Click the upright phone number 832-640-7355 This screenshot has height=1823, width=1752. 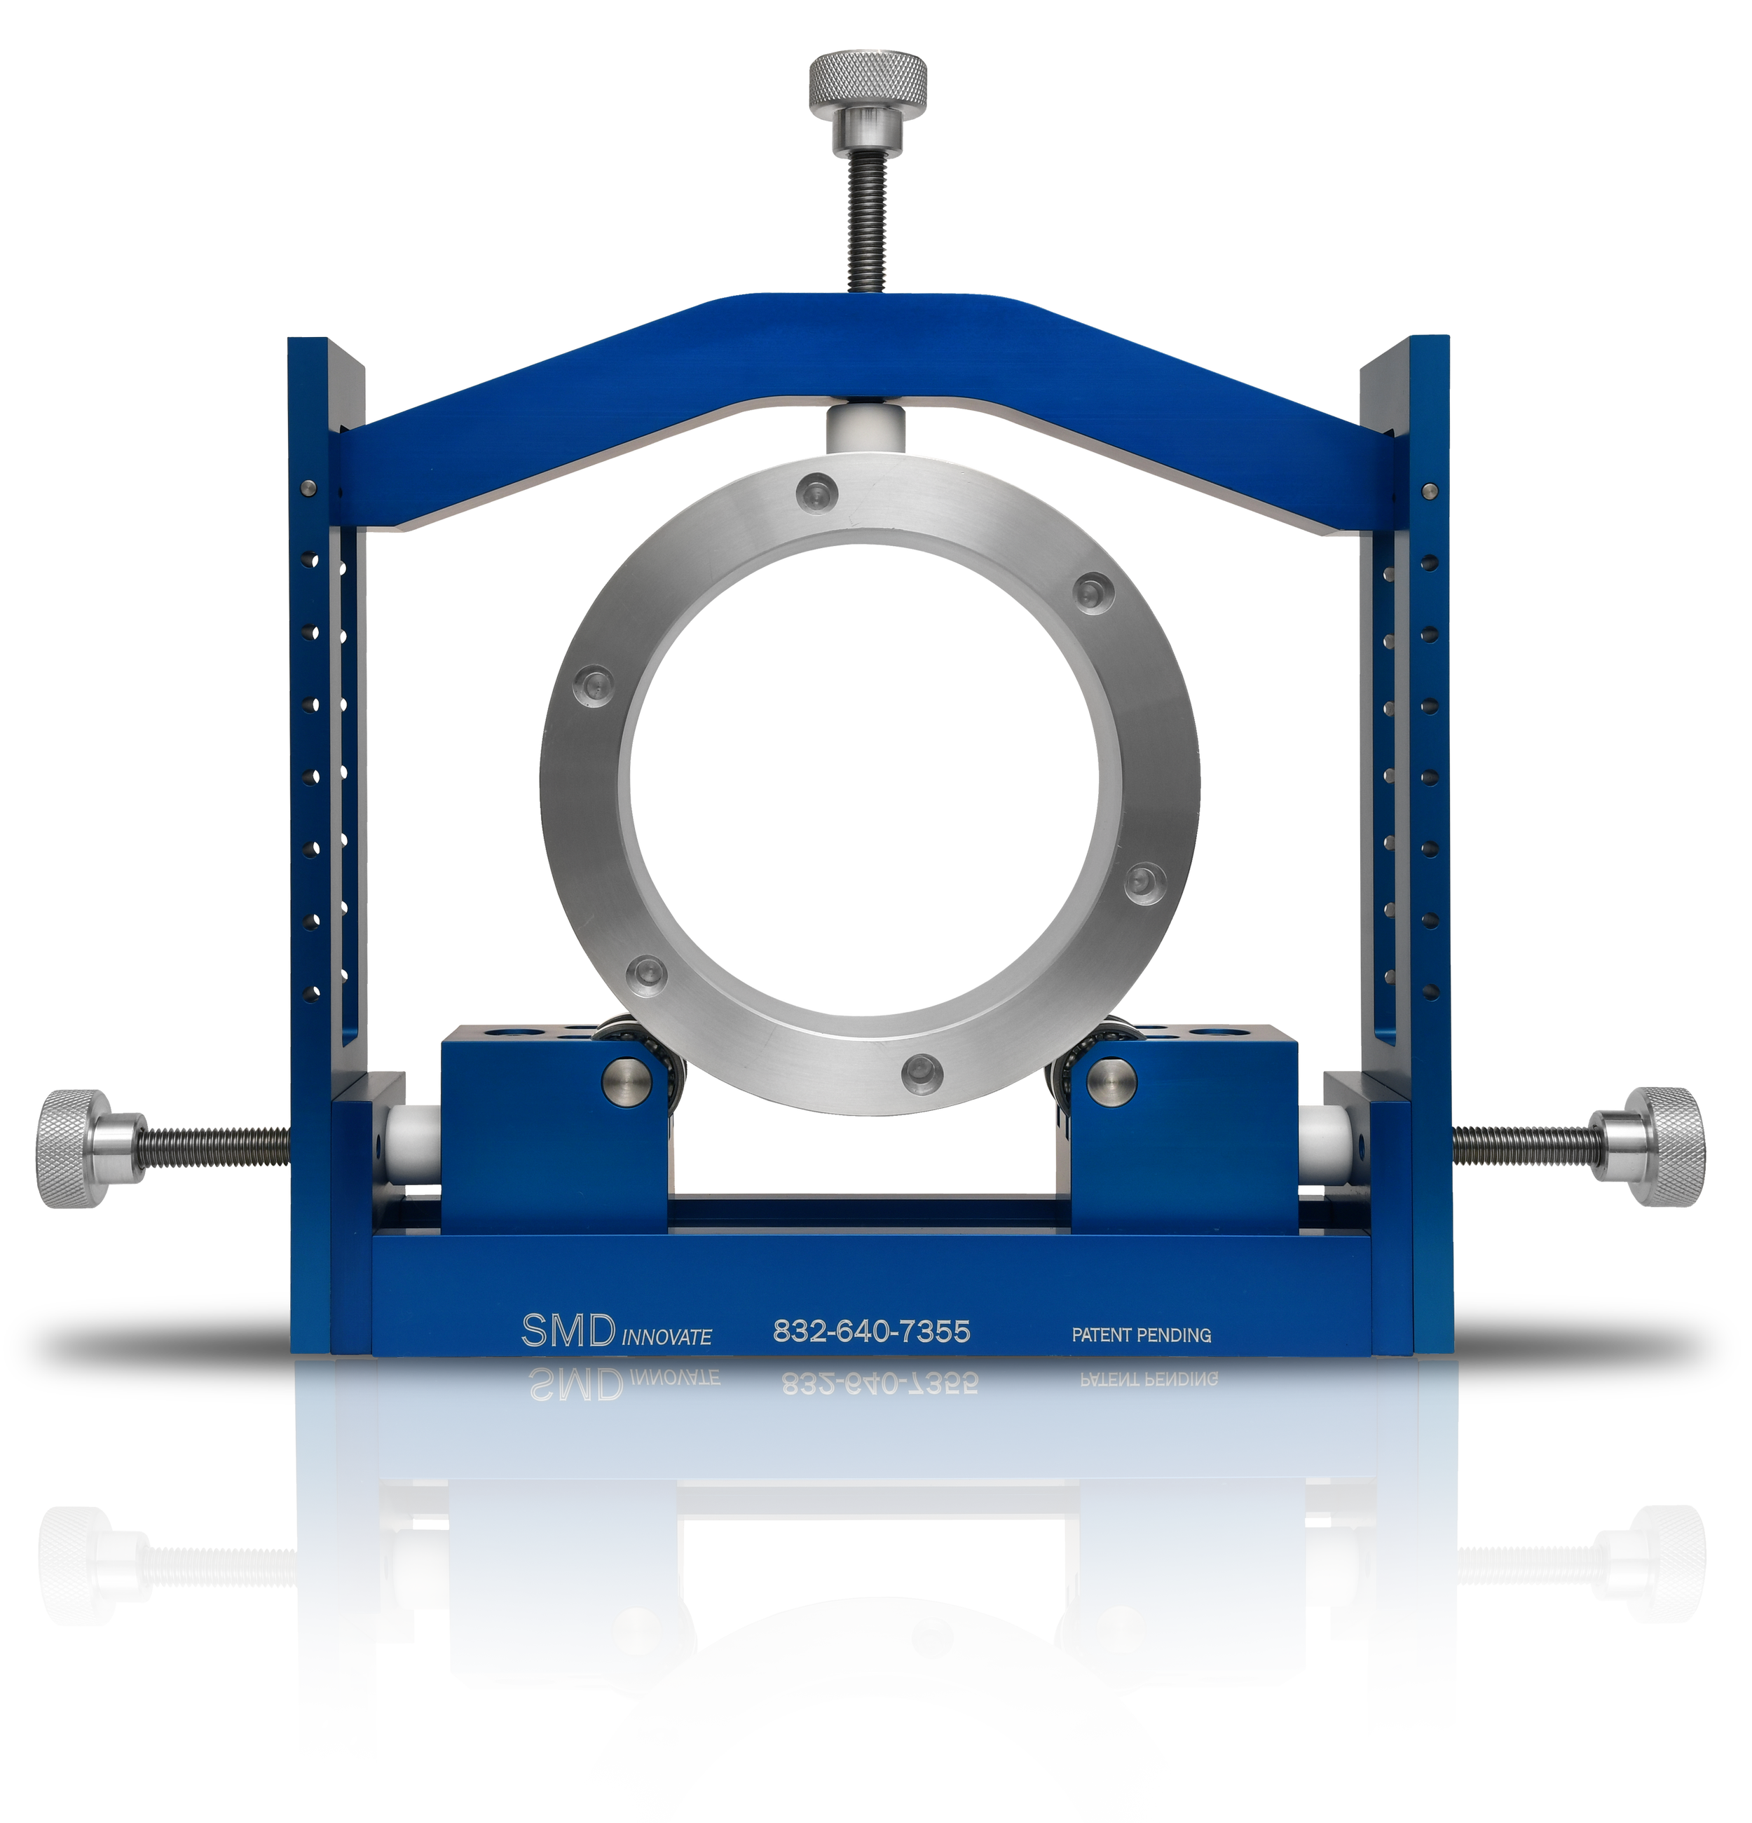point(871,1332)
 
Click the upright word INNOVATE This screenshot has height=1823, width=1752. point(666,1337)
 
